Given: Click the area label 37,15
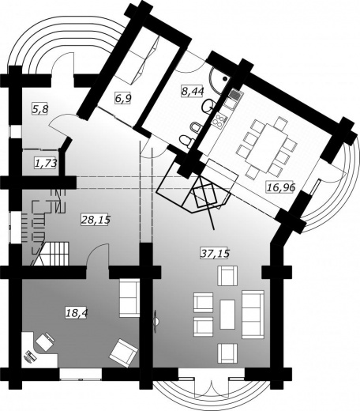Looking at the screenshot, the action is [215, 253].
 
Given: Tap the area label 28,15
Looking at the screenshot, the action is [96, 220].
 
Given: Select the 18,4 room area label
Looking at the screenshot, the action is [77, 313].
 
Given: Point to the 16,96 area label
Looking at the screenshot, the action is [281, 187].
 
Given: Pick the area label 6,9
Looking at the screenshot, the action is [123, 99].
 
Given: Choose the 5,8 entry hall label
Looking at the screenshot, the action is [40, 108].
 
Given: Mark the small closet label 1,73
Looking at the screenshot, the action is [46, 164].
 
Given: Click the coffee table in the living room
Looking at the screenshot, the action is [227, 314].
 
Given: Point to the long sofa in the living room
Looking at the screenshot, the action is [253, 315].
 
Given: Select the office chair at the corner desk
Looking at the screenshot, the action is [45, 341].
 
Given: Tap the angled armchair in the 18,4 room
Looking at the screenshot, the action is [123, 353].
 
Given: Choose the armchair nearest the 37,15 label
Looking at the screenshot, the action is [227, 276].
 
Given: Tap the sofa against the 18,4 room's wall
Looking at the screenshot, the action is [129, 298].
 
